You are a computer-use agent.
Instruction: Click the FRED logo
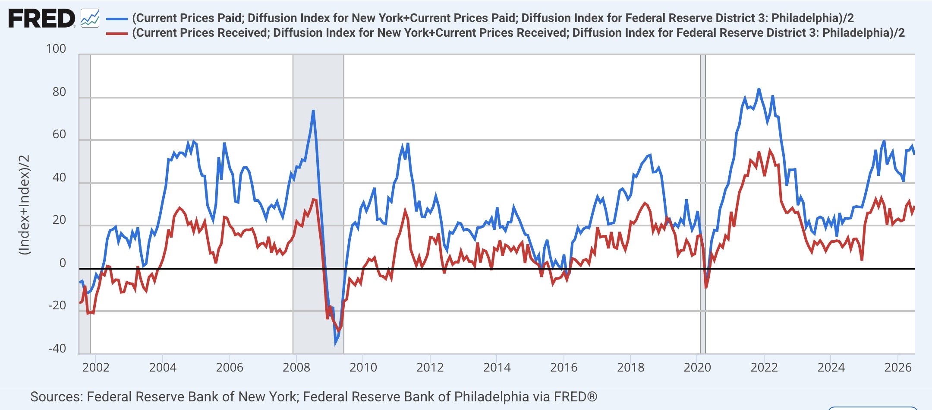[x=42, y=19]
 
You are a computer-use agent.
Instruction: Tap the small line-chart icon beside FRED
[x=90, y=19]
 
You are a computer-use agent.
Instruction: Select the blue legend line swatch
[x=117, y=19]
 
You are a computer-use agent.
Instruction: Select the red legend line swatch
[x=117, y=33]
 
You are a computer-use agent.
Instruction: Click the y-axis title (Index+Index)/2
[x=25, y=204]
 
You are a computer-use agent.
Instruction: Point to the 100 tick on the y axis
[x=56, y=48]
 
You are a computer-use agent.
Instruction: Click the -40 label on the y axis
[x=57, y=348]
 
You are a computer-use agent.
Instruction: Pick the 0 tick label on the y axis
[x=63, y=263]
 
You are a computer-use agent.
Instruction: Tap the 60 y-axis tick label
[x=60, y=134]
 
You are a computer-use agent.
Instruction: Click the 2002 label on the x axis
[x=96, y=367]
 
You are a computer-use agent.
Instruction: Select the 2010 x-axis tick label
[x=363, y=367]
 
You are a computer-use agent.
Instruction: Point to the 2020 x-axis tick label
[x=697, y=367]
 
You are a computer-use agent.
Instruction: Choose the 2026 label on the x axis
[x=898, y=367]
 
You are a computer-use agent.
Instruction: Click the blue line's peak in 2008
[x=313, y=111]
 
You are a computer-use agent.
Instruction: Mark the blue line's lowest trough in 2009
[x=335, y=344]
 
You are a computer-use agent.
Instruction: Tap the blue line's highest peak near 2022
[x=759, y=89]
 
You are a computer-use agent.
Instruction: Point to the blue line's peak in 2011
[x=408, y=144]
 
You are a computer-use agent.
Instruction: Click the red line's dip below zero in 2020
[x=706, y=287]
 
